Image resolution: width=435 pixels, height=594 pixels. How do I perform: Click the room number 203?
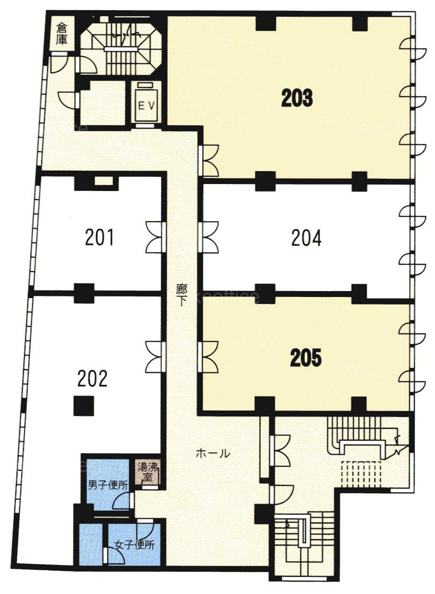click(x=297, y=98)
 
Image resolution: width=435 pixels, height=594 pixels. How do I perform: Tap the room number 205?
click(x=305, y=358)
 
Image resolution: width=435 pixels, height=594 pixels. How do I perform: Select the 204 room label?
click(x=306, y=238)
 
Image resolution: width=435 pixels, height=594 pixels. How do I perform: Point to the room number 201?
click(x=99, y=237)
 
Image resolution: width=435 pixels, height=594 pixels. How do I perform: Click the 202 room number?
click(x=92, y=378)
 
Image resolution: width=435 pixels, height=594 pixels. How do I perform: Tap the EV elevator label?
click(x=146, y=106)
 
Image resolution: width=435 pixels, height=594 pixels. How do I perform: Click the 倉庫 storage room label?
click(x=61, y=34)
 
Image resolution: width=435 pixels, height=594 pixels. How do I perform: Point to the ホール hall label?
click(x=213, y=453)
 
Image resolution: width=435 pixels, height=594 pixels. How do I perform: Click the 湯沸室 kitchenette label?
click(x=148, y=471)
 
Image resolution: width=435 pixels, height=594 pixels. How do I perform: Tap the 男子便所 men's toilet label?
click(x=108, y=485)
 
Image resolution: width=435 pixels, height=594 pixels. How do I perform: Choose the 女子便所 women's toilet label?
click(x=134, y=545)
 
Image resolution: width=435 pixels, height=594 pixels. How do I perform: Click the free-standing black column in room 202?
click(x=83, y=406)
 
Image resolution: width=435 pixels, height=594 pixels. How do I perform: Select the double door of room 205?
click(x=208, y=357)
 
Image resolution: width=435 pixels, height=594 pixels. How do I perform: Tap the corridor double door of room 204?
click(x=208, y=237)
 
